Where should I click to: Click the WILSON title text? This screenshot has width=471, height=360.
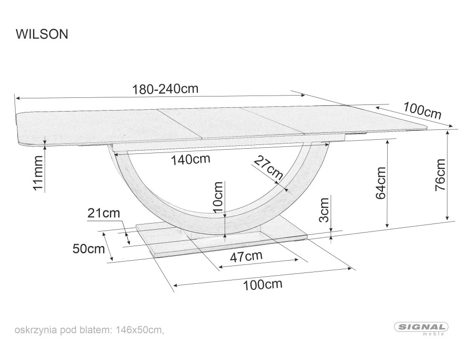coord(42,34)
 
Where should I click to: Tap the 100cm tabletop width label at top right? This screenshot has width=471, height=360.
coord(422,111)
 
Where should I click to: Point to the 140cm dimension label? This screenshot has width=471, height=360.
coord(190,159)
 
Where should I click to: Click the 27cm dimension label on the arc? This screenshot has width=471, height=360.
coord(268,168)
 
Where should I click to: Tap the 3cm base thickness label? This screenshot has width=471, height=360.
coord(324,209)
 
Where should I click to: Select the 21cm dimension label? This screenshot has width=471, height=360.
coord(104,213)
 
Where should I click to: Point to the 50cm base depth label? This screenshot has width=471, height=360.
coord(89,248)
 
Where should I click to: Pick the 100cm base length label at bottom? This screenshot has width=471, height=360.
coord(262,284)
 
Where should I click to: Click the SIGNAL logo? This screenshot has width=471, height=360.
coord(420,327)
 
